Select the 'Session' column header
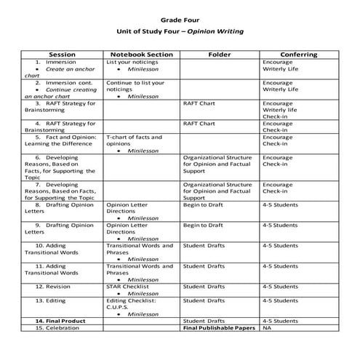tap(62, 55)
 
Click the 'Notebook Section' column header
tap(141, 55)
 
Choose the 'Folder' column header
tap(219, 55)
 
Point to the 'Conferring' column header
tap(298, 55)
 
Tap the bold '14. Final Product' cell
tap(59, 321)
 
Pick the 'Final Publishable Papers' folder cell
tap(219, 328)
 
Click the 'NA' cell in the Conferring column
tap(267, 328)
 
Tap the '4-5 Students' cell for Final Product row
tap(281, 321)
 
